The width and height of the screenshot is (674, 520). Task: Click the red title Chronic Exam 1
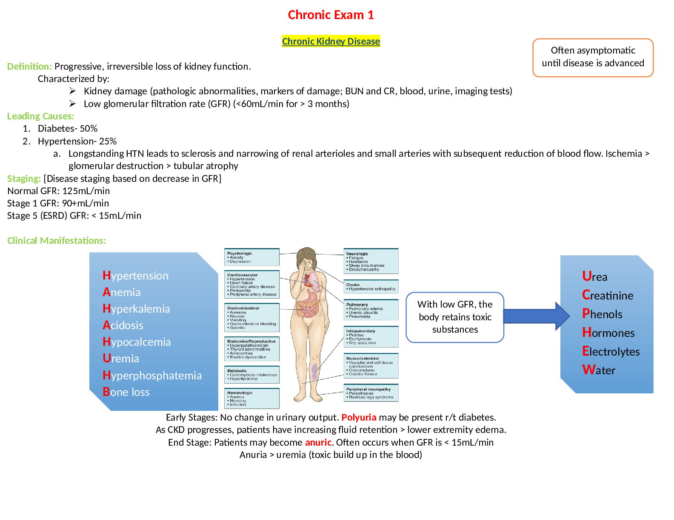[331, 15]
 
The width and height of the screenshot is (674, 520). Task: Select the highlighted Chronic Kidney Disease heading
[331, 41]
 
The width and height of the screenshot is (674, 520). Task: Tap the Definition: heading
[29, 66]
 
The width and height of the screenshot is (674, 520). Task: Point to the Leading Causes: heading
[40, 116]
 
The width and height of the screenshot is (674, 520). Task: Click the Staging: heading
[24, 178]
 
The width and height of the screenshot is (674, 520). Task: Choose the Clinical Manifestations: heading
[56, 240]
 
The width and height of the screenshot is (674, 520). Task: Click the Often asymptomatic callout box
[593, 57]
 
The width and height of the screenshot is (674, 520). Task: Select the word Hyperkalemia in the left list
[136, 309]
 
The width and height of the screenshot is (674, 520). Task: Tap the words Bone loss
[126, 392]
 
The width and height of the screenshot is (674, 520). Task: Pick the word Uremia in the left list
[121, 359]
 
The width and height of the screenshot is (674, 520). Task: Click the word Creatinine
[608, 295]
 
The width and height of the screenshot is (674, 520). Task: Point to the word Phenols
[602, 314]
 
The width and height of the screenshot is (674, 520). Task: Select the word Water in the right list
[599, 370]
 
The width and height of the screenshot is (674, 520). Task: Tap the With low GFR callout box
[455, 317]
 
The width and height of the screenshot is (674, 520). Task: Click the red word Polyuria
[359, 417]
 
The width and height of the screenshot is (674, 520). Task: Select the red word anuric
[318, 442]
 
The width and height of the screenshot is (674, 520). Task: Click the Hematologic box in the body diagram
[252, 398]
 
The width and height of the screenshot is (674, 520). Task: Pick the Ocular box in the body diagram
[371, 287]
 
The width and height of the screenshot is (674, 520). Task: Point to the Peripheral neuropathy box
[371, 393]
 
